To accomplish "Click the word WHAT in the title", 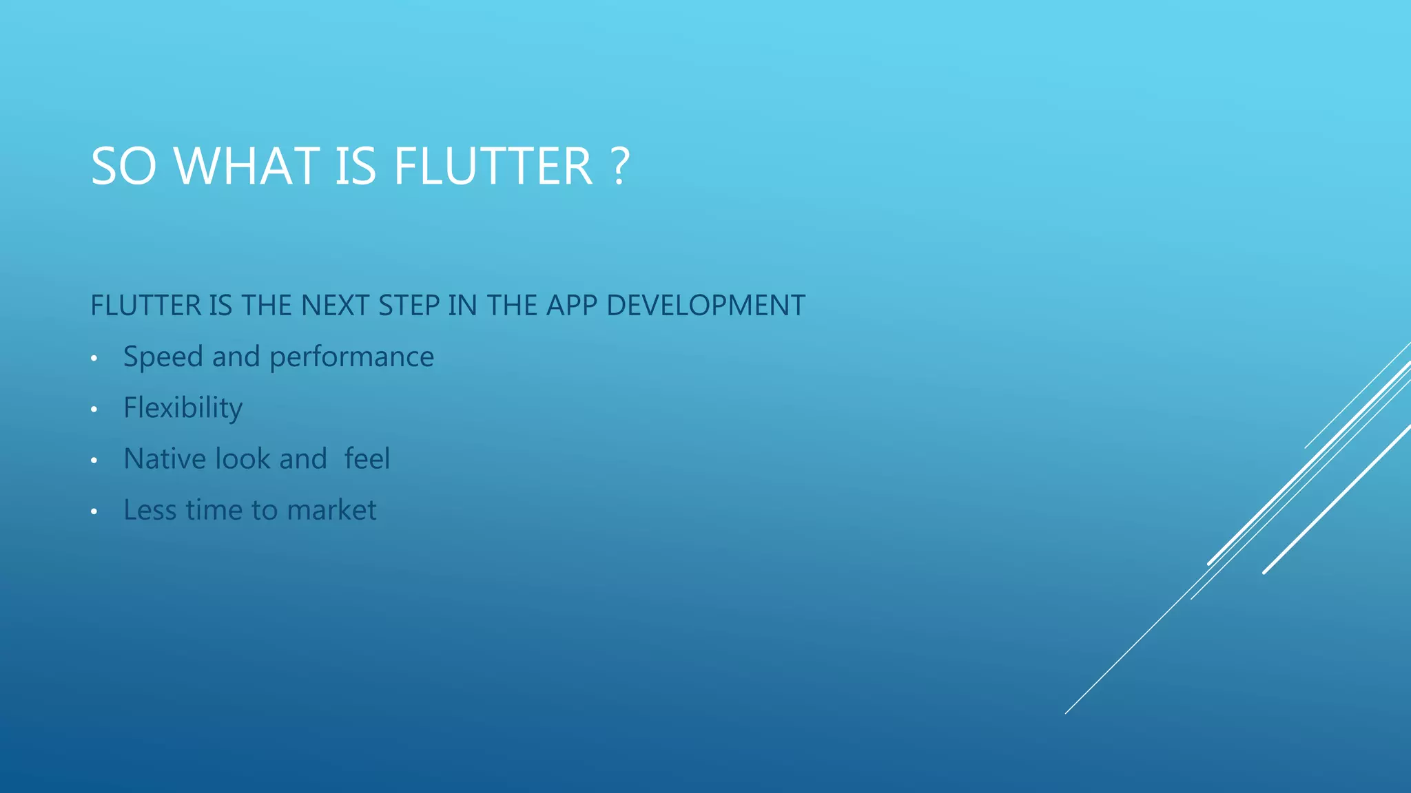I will [x=247, y=167].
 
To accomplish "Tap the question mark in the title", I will [x=620, y=167].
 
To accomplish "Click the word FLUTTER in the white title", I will [x=493, y=167].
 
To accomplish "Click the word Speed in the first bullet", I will [x=163, y=357].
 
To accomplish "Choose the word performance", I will [x=351, y=357].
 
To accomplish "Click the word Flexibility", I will [x=183, y=408].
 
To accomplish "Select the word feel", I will [x=367, y=459].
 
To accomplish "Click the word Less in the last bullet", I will [x=150, y=510].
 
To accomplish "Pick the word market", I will [x=331, y=510].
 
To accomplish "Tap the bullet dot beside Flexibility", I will [x=94, y=410].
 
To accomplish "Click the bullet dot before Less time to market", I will [x=94, y=511].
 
